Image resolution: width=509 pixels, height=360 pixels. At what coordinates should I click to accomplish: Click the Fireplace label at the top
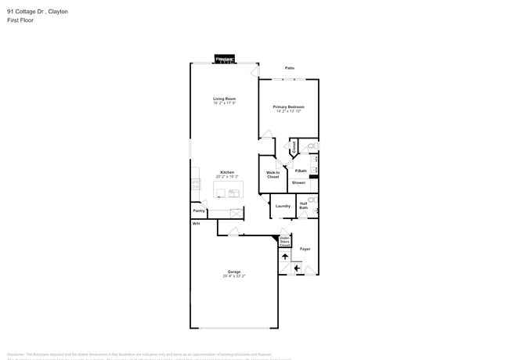point(225,59)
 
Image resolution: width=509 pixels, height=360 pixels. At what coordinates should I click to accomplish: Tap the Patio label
point(289,68)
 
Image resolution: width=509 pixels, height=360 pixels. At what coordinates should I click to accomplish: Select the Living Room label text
point(225,99)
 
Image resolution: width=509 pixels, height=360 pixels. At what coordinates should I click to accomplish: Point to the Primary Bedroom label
point(288,106)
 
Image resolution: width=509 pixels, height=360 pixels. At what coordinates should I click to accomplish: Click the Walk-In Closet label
point(273,175)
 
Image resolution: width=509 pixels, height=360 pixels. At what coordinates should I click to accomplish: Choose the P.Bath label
point(301,171)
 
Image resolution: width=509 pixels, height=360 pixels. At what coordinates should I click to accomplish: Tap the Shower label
point(299,182)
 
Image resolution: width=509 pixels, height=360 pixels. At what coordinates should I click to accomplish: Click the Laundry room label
point(283,206)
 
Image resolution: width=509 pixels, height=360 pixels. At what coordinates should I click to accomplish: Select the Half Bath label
point(303,206)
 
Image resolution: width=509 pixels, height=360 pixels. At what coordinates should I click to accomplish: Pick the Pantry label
point(199,211)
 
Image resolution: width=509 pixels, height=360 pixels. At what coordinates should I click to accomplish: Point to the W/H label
point(196,223)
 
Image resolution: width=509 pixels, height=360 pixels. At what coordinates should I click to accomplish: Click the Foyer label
point(305,249)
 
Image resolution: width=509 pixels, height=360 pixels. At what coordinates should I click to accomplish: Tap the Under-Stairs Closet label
point(284,241)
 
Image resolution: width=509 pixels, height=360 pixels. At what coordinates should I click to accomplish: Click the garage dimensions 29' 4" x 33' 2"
point(233,276)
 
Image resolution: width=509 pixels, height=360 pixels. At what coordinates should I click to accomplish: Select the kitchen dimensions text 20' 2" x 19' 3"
point(226,177)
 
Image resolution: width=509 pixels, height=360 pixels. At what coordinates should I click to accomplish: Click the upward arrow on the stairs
point(285,256)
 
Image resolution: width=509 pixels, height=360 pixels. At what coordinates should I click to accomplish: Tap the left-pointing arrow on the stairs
point(297,268)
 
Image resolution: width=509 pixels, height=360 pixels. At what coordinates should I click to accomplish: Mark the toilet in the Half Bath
point(312,200)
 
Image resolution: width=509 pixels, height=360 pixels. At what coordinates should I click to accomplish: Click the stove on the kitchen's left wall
point(195,185)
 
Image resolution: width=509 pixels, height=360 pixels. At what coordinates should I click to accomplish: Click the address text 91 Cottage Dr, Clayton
point(37,12)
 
